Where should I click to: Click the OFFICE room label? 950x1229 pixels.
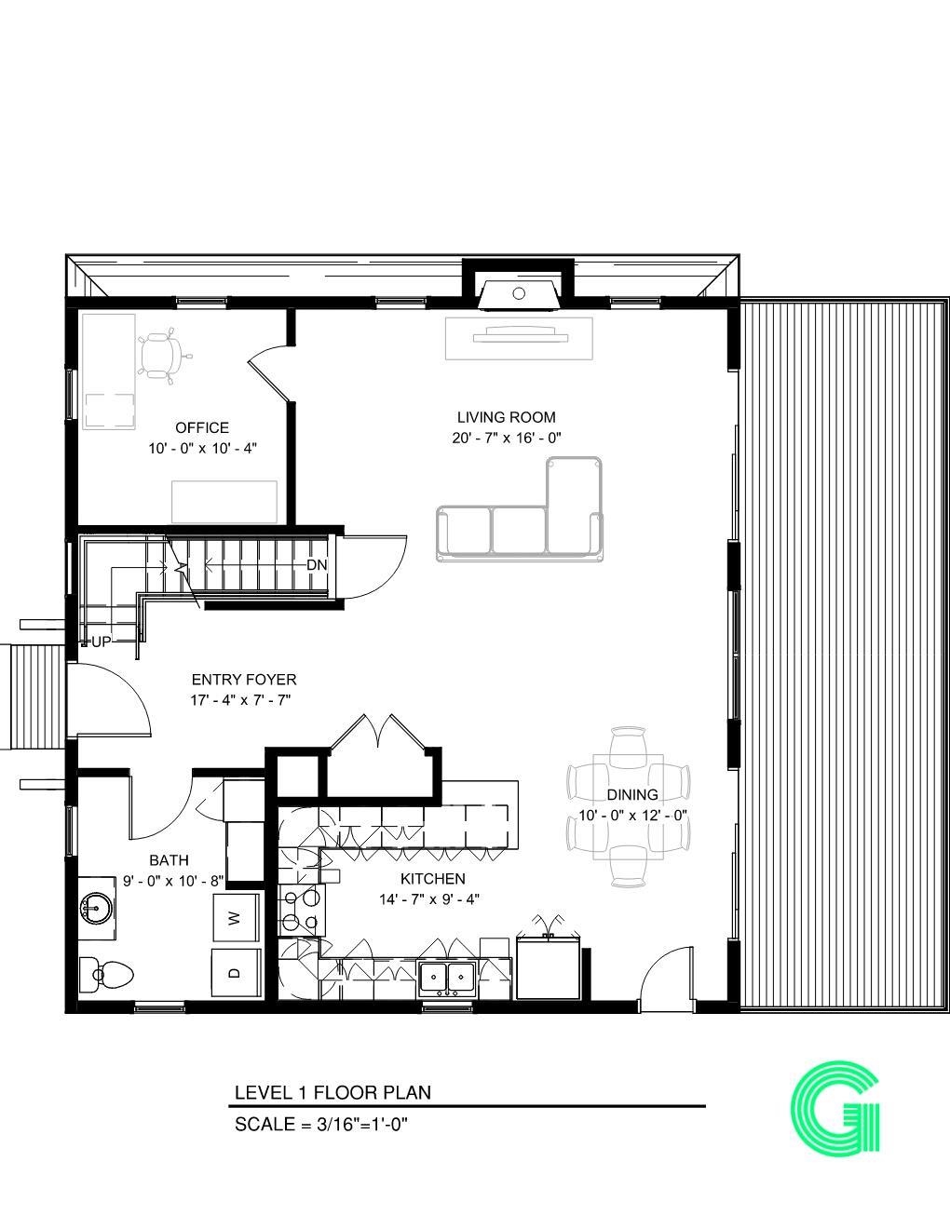(202, 428)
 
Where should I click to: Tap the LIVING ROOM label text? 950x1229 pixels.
(506, 418)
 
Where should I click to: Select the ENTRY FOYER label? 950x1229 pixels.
(243, 680)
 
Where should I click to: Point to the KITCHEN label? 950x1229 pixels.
(432, 879)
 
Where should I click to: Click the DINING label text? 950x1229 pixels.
(632, 795)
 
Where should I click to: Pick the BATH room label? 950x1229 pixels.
(169, 860)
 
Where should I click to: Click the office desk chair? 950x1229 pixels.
(162, 355)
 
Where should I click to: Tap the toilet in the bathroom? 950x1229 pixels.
(106, 975)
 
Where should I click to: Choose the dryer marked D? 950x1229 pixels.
(236, 974)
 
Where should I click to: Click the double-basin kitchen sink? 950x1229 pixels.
(447, 978)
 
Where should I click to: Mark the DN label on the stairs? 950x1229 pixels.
(317, 565)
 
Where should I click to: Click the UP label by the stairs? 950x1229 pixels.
(101, 642)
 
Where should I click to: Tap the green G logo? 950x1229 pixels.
(835, 1110)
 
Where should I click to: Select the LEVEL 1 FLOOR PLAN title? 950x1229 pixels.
(332, 1092)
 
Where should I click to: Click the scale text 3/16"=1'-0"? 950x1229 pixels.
(321, 1124)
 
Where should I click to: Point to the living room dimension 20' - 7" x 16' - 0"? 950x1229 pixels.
(506, 439)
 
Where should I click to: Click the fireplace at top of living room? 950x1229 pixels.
(518, 291)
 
